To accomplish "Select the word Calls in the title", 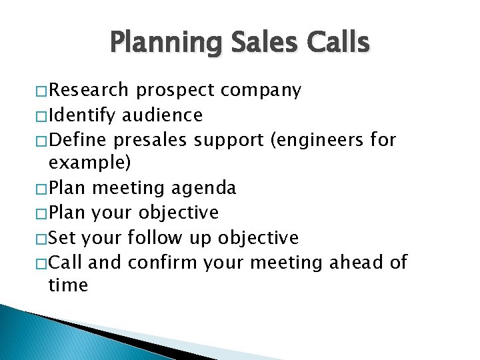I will click(338, 43).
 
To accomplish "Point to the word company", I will click(261, 91).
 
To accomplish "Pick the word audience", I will click(161, 115).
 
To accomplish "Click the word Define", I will click(78, 140).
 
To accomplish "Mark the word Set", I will click(63, 237).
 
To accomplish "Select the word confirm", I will click(162, 262).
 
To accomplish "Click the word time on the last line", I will click(68, 285).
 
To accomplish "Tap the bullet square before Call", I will click(41, 263).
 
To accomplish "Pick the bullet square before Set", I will click(41, 239).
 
